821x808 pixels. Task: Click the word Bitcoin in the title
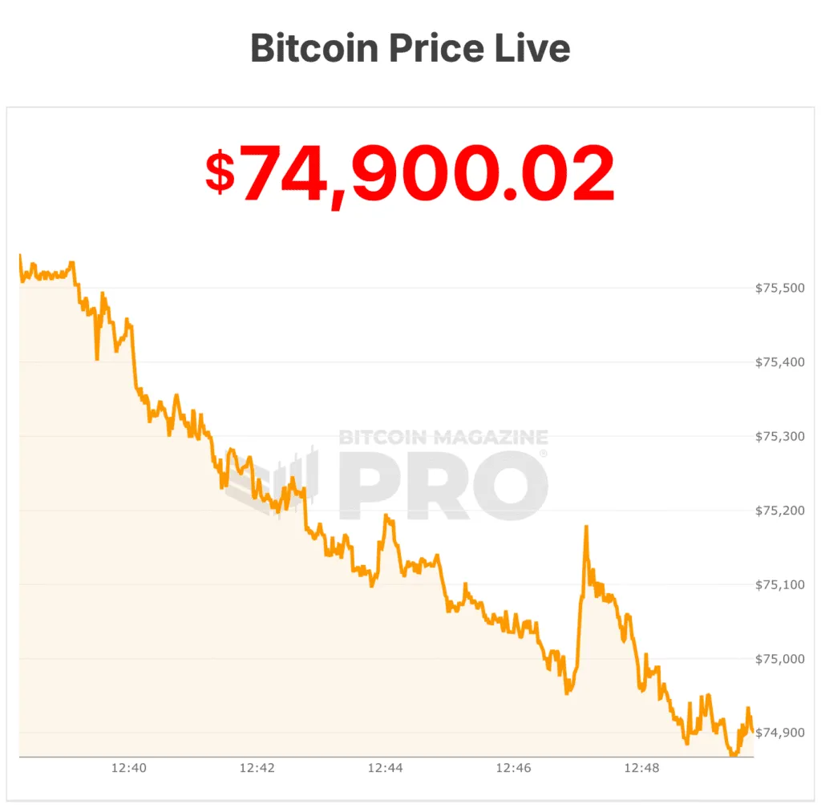point(314,48)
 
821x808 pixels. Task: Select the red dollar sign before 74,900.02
point(220,173)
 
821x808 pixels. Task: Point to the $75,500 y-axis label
point(779,288)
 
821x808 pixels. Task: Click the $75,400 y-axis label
point(779,362)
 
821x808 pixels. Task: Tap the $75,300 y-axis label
point(779,436)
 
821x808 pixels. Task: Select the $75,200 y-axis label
point(779,511)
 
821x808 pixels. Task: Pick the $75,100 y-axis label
point(779,585)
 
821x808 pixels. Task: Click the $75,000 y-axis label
point(779,659)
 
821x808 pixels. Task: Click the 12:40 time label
point(128,768)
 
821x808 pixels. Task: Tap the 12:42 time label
point(257,768)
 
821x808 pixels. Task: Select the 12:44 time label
point(385,768)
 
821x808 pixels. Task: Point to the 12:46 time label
point(513,768)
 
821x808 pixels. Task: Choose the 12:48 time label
point(641,768)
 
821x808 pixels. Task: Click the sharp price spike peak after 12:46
point(586,527)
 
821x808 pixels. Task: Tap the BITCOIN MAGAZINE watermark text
point(443,438)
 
